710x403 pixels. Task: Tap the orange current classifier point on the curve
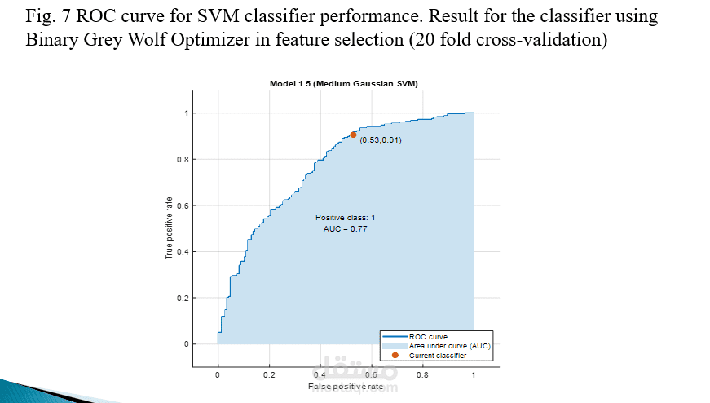click(353, 135)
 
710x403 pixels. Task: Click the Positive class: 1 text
click(345, 217)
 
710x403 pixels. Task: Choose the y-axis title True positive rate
click(170, 228)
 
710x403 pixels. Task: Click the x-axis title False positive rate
click(345, 387)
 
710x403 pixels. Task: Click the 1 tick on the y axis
click(185, 113)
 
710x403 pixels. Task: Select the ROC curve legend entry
click(427, 336)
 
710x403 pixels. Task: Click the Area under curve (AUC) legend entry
click(448, 346)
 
